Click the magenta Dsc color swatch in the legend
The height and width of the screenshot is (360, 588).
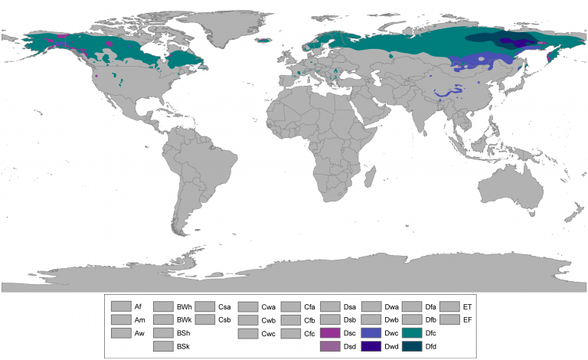click(331, 333)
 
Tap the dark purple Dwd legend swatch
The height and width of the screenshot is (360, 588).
click(371, 346)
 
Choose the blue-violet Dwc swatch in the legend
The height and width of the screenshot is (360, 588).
click(371, 333)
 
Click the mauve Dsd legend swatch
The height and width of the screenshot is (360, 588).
click(331, 346)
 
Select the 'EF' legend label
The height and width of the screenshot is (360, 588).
click(468, 319)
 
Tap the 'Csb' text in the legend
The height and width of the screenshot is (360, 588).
click(225, 319)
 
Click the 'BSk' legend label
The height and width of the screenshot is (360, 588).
click(184, 346)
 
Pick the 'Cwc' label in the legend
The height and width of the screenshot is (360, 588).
click(268, 333)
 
